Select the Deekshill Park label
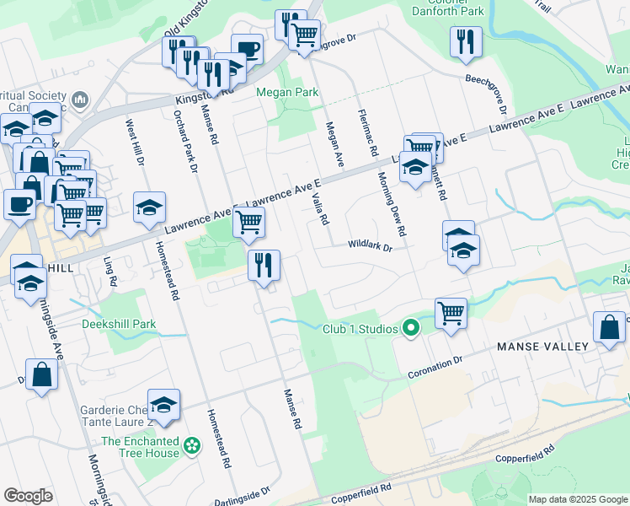(119, 324)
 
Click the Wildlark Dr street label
(371, 246)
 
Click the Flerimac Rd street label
(366, 133)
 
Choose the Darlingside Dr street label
(242, 493)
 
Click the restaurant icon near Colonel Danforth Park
(466, 41)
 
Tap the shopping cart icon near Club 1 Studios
(451, 313)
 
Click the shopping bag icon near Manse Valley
(609, 328)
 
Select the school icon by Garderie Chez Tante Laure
(163, 404)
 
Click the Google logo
(28, 496)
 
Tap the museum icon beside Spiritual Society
(81, 100)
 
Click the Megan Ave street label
(334, 143)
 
